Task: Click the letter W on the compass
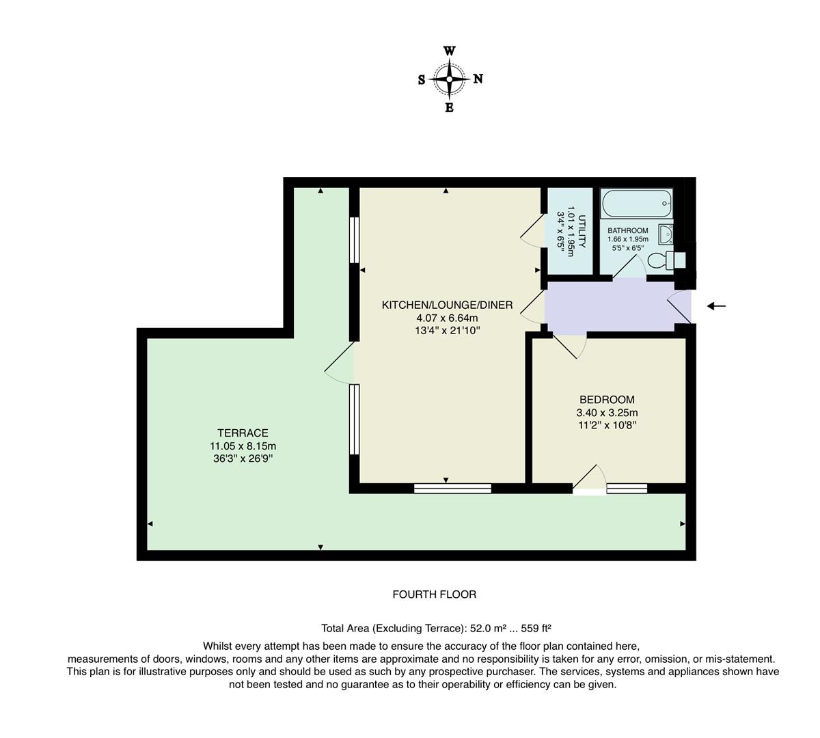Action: point(449,51)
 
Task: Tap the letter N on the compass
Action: point(478,79)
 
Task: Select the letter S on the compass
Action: point(422,80)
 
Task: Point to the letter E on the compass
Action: point(449,108)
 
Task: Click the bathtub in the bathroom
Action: point(637,203)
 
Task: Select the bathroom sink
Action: point(666,234)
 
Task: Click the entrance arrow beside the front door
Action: point(716,306)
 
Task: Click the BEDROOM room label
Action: point(607,400)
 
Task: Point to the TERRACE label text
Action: point(243,433)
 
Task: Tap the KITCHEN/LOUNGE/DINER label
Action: point(447,305)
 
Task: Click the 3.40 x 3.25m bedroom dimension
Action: point(607,413)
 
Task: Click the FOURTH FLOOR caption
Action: point(434,594)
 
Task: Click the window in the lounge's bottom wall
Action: point(452,488)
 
